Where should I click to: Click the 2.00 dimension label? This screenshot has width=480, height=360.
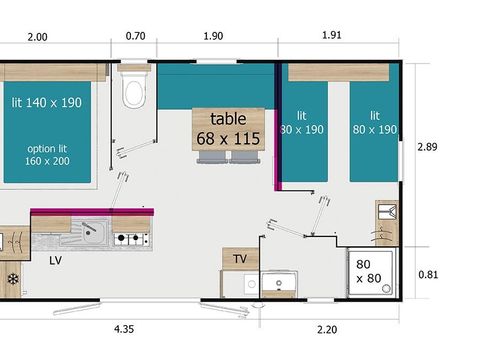tap(36, 37)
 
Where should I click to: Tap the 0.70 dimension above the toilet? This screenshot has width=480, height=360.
tap(135, 37)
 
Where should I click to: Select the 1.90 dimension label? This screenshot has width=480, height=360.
tap(212, 37)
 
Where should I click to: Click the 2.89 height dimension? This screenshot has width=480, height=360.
tap(428, 146)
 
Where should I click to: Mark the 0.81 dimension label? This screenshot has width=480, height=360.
tap(428, 274)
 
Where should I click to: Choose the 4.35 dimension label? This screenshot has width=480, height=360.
tap(122, 328)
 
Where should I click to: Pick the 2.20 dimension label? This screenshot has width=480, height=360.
tap(326, 328)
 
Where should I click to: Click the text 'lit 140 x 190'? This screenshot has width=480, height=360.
tap(47, 102)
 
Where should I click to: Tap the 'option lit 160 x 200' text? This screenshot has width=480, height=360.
tap(47, 156)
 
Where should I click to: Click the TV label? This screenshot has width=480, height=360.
tap(240, 259)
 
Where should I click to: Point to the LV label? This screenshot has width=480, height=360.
tap(55, 260)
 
